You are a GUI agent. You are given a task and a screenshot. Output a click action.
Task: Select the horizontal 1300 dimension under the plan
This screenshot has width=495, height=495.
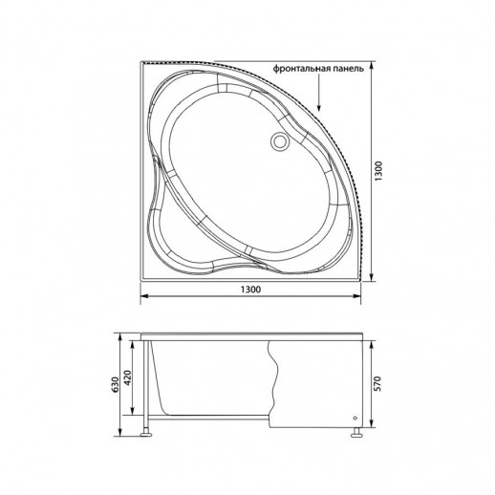tap(251, 289)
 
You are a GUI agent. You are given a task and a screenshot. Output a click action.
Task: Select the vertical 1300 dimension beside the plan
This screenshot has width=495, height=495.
tap(379, 173)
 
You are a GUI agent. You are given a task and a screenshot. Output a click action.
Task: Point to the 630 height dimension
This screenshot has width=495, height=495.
tap(115, 384)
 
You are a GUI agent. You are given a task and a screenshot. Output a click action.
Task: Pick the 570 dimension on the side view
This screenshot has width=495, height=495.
tap(379, 384)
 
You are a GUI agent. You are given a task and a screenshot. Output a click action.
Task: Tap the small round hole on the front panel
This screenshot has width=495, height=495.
tap(354, 418)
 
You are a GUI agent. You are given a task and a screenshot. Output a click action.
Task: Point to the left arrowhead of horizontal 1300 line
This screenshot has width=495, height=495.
tap(146, 297)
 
